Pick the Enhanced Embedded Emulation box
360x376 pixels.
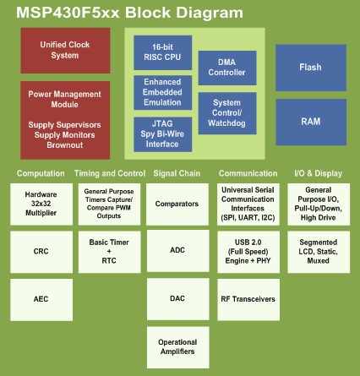pyautogui.click(x=162, y=91)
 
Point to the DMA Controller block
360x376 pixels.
pyautogui.click(x=226, y=68)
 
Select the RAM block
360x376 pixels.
pyautogui.click(x=310, y=121)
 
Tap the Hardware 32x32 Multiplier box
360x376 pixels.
pyautogui.click(x=41, y=204)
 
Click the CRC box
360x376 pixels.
pyautogui.click(x=41, y=251)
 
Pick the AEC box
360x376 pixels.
pyautogui.click(x=41, y=298)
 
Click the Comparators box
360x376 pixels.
pyautogui.click(x=177, y=204)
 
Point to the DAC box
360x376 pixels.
pyautogui.click(x=177, y=298)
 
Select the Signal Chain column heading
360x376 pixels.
pyautogui.click(x=177, y=173)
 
